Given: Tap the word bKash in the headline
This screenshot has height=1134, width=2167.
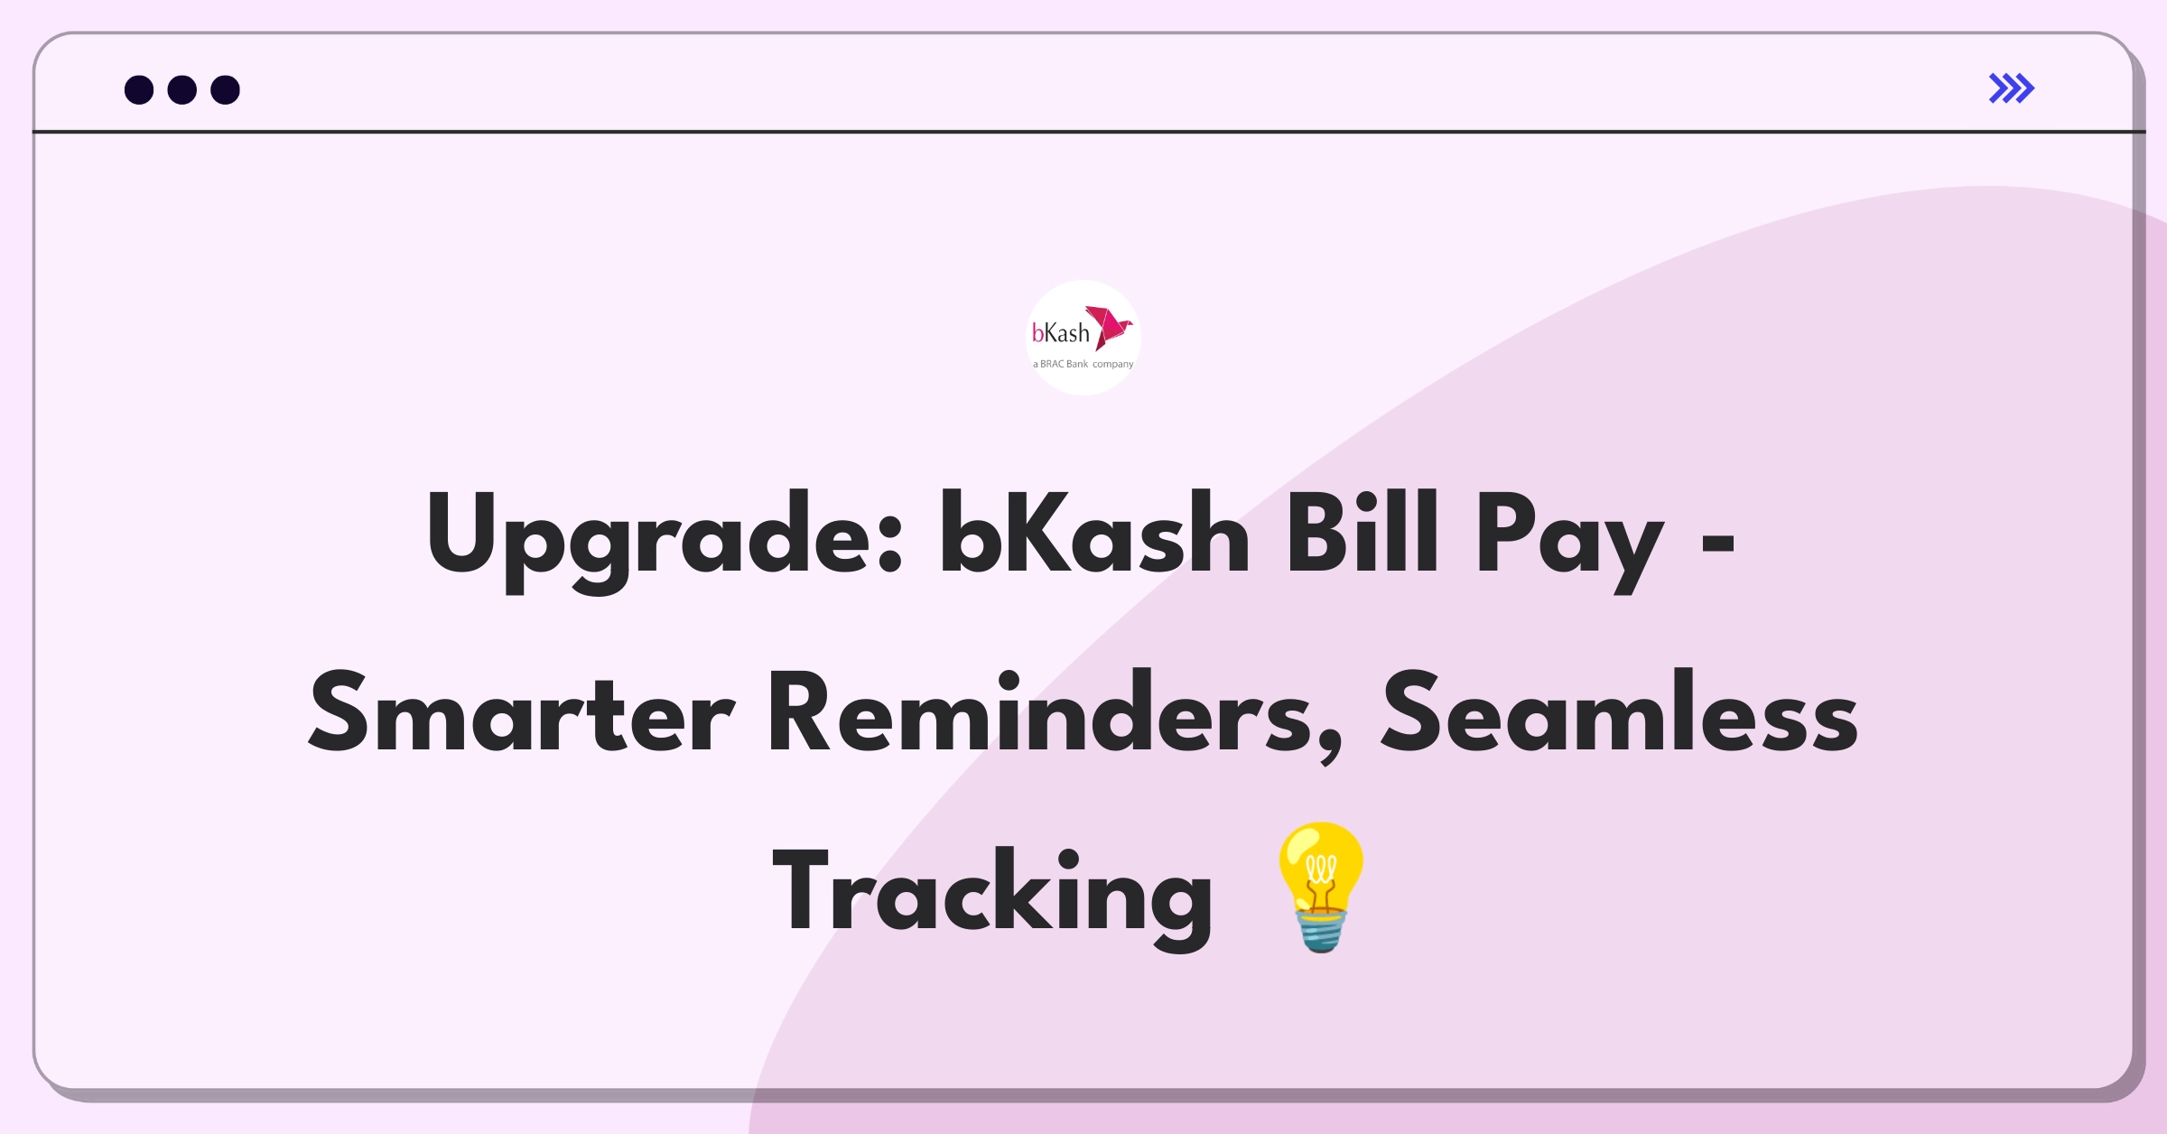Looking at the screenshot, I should pos(1093,534).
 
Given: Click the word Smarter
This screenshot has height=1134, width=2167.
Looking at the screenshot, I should pos(521,713).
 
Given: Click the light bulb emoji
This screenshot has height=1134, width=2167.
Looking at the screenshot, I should pos(1320,886).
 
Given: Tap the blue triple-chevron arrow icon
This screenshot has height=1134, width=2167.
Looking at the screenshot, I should pos(2011,88).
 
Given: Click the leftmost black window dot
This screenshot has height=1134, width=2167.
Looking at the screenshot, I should pos(139,90).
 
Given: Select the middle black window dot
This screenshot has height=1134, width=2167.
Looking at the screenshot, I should pos(182,90).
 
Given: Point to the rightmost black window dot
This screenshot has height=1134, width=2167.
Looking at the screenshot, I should pos(226,90).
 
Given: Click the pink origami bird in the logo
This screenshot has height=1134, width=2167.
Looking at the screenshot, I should pos(1109,326).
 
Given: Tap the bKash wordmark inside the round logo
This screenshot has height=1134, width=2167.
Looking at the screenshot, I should pos(1061,334).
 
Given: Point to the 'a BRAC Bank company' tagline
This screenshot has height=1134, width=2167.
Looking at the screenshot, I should pos(1083,365).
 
